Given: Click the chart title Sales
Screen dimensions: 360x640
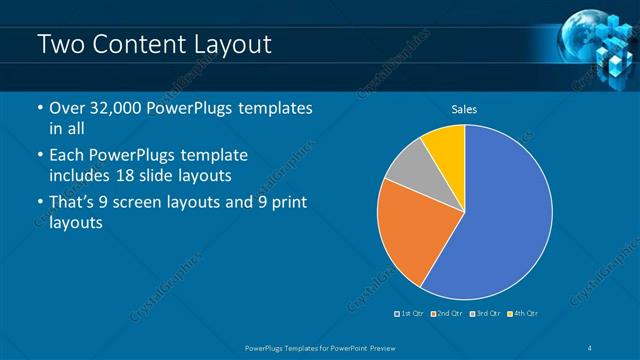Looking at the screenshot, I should pyautogui.click(x=464, y=107).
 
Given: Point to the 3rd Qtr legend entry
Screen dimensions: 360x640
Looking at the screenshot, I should pyautogui.click(x=483, y=314).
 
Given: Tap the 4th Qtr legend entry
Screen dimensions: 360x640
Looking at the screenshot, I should pyautogui.click(x=521, y=314).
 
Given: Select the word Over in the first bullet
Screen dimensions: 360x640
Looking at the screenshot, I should pyautogui.click(x=67, y=109).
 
